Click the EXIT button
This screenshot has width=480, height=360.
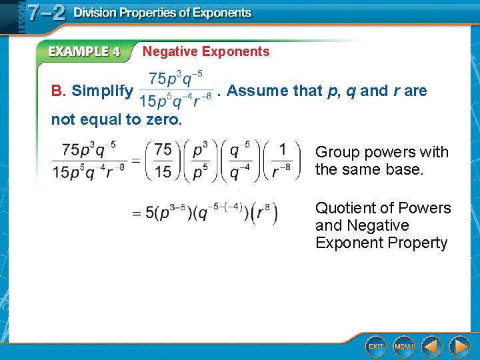tap(375, 346)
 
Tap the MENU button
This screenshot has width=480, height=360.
tap(404, 346)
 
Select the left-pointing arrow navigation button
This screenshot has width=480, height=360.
tap(433, 346)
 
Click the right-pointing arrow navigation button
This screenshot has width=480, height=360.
tap(459, 346)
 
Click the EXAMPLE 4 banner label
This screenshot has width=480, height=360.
tap(84, 51)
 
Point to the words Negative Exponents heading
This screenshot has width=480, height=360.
tap(206, 51)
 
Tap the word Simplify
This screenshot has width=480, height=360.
tap(102, 91)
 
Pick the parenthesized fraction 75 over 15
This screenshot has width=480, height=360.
tap(163, 161)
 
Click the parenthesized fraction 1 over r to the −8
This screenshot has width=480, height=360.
tap(283, 161)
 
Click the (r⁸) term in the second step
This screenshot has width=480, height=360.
tap(265, 213)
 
